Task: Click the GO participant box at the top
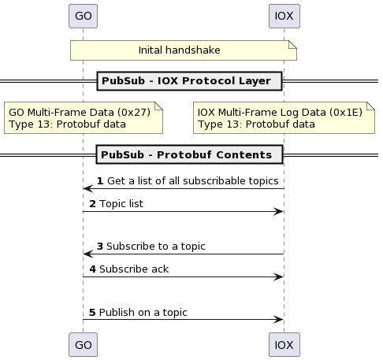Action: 83,16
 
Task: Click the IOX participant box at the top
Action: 284,16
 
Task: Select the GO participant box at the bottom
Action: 83,345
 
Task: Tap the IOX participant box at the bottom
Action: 284,345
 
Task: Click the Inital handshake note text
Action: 179,50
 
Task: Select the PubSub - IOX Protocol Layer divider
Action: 189,81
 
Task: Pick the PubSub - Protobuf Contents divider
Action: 189,154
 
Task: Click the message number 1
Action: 100,181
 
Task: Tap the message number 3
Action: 100,247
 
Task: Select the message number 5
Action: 92,313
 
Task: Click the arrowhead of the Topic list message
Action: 278,211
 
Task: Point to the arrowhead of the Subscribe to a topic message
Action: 88,254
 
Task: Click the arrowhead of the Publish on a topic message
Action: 278,319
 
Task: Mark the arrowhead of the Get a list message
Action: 88,188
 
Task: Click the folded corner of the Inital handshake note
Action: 292,45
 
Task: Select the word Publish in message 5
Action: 117,313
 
